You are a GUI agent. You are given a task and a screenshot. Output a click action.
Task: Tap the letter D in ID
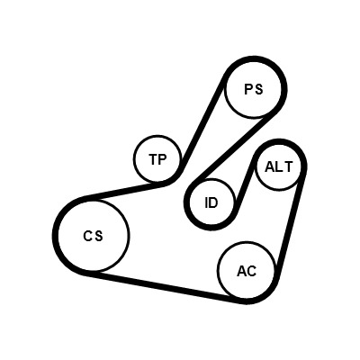tap(214, 203)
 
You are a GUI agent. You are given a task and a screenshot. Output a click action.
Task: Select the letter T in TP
tap(153, 159)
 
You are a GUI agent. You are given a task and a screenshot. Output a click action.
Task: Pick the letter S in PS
tap(258, 89)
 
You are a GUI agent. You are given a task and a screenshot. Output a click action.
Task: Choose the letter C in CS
tap(87, 236)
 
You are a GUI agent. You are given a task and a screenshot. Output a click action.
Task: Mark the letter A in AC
tap(242, 271)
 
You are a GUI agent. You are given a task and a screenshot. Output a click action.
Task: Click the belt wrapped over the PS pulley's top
tap(254, 58)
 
